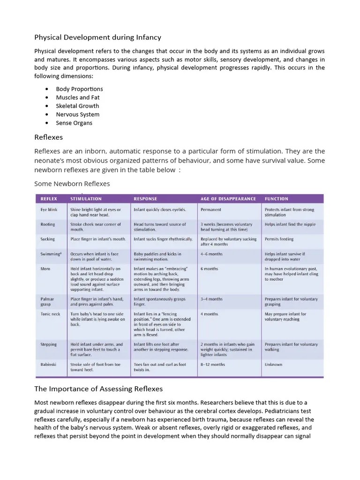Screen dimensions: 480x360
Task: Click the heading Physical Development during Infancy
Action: pos(97,37)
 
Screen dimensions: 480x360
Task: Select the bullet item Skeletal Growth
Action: pos(77,106)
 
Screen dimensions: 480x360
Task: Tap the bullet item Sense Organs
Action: pos(74,123)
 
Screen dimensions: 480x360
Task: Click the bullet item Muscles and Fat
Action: pos(78,97)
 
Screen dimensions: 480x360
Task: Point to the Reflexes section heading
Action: pos(48,137)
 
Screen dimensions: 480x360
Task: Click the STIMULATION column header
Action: pos(86,199)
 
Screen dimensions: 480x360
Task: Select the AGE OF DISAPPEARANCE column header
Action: pos(228,199)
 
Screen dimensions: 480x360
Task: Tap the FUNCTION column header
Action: pos(276,199)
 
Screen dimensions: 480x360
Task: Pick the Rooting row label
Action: pos(47,225)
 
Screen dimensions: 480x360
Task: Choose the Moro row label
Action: pos(45,269)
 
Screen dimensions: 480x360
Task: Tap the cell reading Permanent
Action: pos(211,210)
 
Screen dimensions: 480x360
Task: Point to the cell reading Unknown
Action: pos(273,364)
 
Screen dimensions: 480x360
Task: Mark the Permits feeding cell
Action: pos(279,239)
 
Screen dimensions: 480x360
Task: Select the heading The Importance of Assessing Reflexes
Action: pos(98,389)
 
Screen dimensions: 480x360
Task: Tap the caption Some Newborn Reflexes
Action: pos(72,183)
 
